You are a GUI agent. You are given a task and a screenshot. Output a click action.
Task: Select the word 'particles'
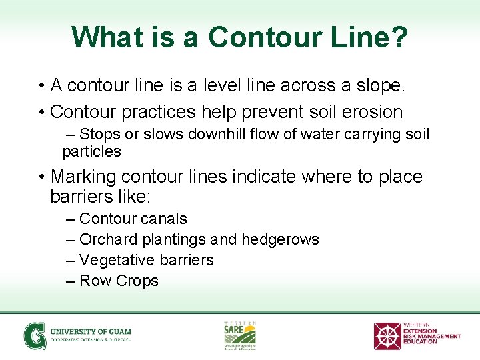click(x=91, y=151)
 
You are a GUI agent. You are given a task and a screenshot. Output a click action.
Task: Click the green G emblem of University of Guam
click(x=35, y=335)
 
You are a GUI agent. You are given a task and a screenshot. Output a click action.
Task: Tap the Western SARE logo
click(x=239, y=335)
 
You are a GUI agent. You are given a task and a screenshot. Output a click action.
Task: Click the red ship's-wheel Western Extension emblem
click(x=387, y=335)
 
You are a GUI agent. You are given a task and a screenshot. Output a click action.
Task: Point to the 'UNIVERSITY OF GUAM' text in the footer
click(x=91, y=331)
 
